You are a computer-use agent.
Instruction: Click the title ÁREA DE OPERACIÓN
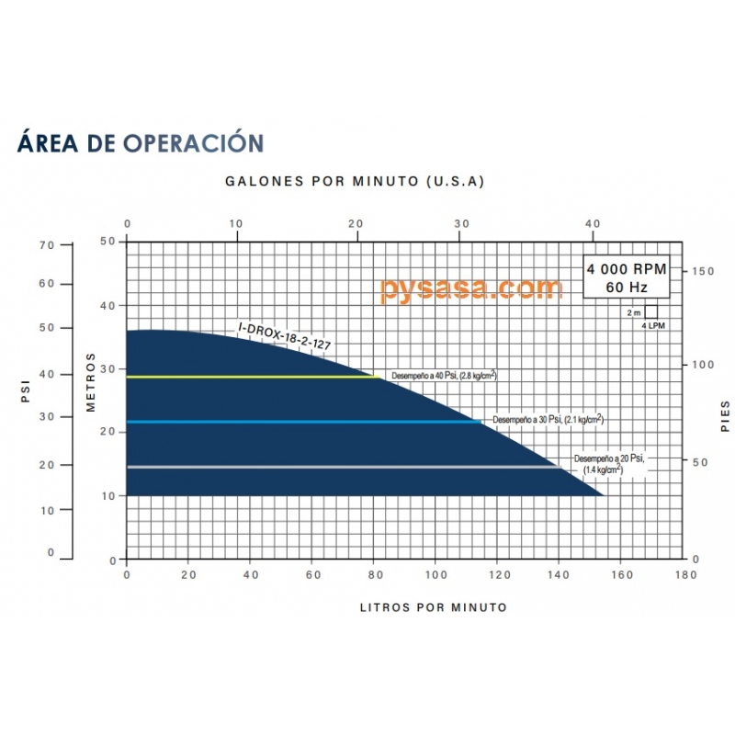pos(141,143)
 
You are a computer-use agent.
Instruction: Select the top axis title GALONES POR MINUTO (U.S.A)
pos(355,181)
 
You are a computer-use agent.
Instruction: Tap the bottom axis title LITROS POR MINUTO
pos(434,607)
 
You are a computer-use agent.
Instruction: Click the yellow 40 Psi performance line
pos(248,377)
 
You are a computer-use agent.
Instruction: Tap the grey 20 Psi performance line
pos(340,467)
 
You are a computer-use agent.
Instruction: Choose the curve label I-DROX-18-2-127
pos(284,335)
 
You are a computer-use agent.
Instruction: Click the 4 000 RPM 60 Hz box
pos(626,277)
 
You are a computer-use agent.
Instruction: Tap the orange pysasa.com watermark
pos(470,288)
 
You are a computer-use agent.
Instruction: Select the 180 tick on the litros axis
pos(684,575)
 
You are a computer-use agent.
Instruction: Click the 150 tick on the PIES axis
pos(703,272)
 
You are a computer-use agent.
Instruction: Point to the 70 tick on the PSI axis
pos(47,244)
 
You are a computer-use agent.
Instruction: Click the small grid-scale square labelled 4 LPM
pos(651,311)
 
